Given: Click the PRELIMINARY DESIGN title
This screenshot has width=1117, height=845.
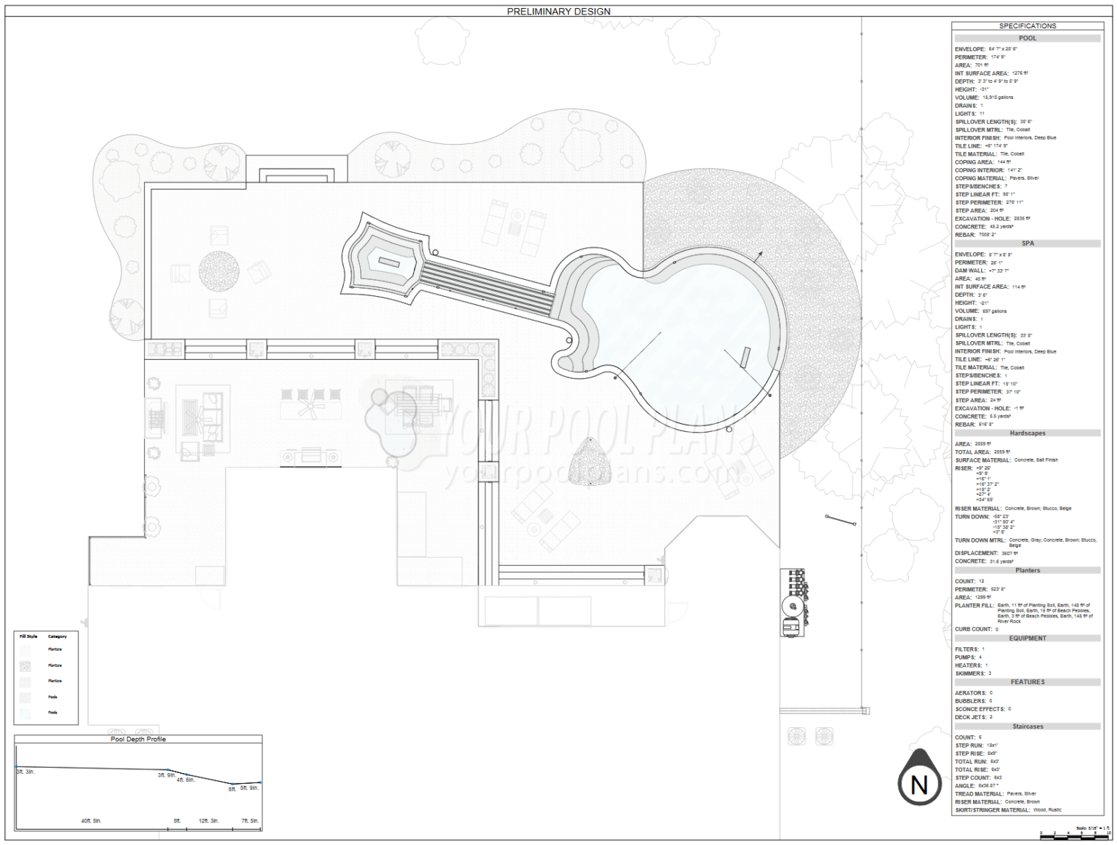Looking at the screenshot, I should pos(558,12).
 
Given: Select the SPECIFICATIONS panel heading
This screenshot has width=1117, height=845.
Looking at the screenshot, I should pos(1027,26).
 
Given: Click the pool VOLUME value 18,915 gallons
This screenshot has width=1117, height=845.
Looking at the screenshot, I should pos(998,97).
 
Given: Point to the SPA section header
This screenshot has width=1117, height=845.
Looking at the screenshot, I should pos(1027,244).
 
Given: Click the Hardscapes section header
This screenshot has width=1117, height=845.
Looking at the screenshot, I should pos(1027,433).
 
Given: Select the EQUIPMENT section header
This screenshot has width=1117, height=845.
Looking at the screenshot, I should pos(1027,638).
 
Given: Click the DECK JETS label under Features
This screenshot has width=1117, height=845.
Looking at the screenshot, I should pos(970,717).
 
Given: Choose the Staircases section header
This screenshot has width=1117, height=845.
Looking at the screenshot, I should pos(1027,726).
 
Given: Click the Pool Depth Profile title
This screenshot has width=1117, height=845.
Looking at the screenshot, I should pos(138,739).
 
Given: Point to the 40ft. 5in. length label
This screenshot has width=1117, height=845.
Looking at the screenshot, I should pos(91,821).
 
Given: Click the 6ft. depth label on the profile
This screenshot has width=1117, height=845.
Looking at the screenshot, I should pos(232,789).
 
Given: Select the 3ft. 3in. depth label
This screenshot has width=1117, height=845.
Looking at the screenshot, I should pos(25,772).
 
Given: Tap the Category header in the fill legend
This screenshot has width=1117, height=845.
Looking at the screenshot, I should pos(57,636).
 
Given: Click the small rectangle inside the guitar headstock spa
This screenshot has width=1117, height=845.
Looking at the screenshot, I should pos(388,262).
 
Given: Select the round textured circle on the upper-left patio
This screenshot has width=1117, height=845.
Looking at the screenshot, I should pos(219,271).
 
